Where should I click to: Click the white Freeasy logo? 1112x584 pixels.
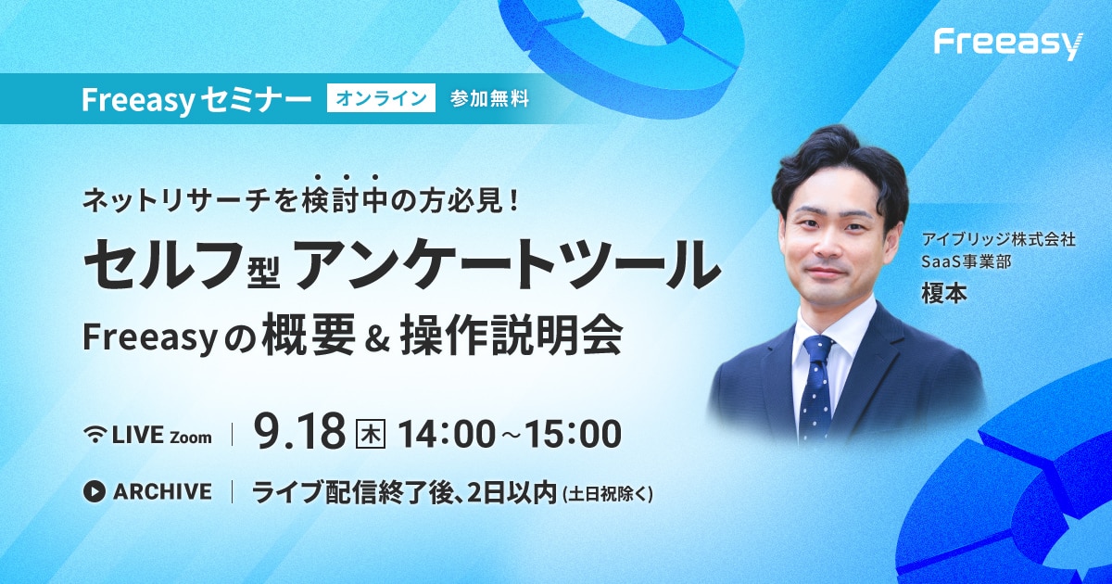tap(1008, 45)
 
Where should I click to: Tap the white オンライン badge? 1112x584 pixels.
tap(381, 98)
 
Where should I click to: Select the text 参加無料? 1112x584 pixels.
tap(489, 99)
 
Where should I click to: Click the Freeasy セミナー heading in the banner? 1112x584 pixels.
tap(196, 98)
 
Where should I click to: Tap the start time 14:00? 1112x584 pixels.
tap(447, 434)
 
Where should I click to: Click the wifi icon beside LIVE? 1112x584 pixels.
tap(95, 435)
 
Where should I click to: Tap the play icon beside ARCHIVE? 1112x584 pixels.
tap(95, 491)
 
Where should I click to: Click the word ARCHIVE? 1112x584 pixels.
tap(162, 491)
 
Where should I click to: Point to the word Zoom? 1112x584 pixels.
tap(191, 438)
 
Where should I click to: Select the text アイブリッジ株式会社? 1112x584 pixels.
tap(998, 240)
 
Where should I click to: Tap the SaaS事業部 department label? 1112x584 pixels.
tap(966, 261)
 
